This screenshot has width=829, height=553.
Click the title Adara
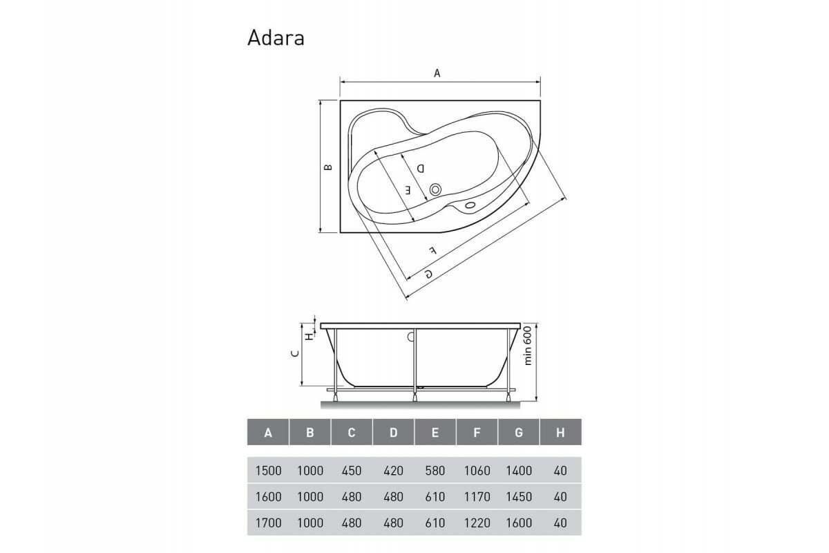coord(276,38)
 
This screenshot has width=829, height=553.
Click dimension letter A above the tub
coord(437,73)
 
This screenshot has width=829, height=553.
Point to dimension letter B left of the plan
coord(329,167)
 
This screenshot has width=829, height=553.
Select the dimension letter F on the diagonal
coord(432,250)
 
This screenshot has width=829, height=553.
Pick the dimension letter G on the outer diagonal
coord(428,274)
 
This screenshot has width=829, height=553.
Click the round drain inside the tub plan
coord(436,189)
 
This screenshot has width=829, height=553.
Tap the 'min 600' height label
coord(528,346)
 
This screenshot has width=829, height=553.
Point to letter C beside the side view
coord(294,353)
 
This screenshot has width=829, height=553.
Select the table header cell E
coord(435,433)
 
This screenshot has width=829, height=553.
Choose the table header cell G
coord(519,433)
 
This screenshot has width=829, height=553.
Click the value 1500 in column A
coord(268,471)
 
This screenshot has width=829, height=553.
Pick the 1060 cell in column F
coord(477,471)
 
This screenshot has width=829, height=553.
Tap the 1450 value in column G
coord(519,497)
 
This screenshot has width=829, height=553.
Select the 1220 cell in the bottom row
coord(477,523)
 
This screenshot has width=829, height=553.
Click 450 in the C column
coord(352,471)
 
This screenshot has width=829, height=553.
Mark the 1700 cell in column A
coord(268,523)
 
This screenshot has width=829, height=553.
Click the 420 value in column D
coord(393,471)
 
